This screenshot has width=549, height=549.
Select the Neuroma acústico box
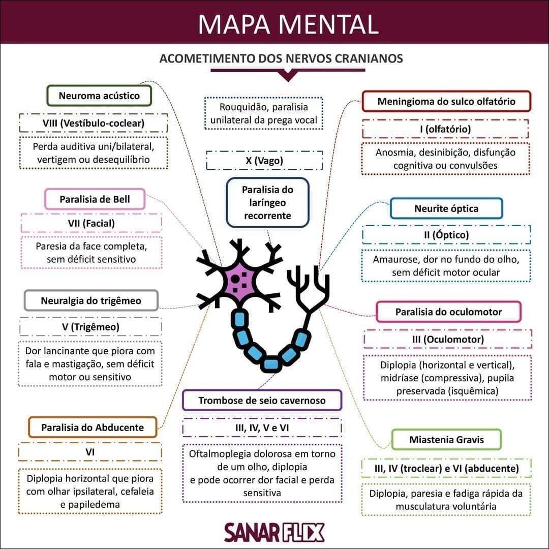pos(99,96)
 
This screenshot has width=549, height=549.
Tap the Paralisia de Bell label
pos(95,199)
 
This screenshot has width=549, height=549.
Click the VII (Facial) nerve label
pos(91,223)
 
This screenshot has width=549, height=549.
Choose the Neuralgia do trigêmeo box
pos(91,300)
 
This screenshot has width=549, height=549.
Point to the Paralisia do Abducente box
pos(93,427)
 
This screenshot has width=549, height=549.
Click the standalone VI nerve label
pos(90,451)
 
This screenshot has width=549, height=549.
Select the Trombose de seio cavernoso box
pos(262,400)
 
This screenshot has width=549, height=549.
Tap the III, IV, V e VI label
pos(262,428)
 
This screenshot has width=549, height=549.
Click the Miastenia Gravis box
pos(446,440)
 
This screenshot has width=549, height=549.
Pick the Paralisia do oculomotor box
pos(448,312)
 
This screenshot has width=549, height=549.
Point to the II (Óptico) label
pos(446,235)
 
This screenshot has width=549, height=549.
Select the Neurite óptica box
pos(446,208)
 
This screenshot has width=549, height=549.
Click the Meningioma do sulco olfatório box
pos(446,101)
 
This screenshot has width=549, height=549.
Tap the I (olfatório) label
pos(445,129)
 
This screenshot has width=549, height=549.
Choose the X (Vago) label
pos(264,161)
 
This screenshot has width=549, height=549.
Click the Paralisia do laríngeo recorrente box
pos(267,202)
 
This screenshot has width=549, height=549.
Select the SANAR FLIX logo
pos(274,532)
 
